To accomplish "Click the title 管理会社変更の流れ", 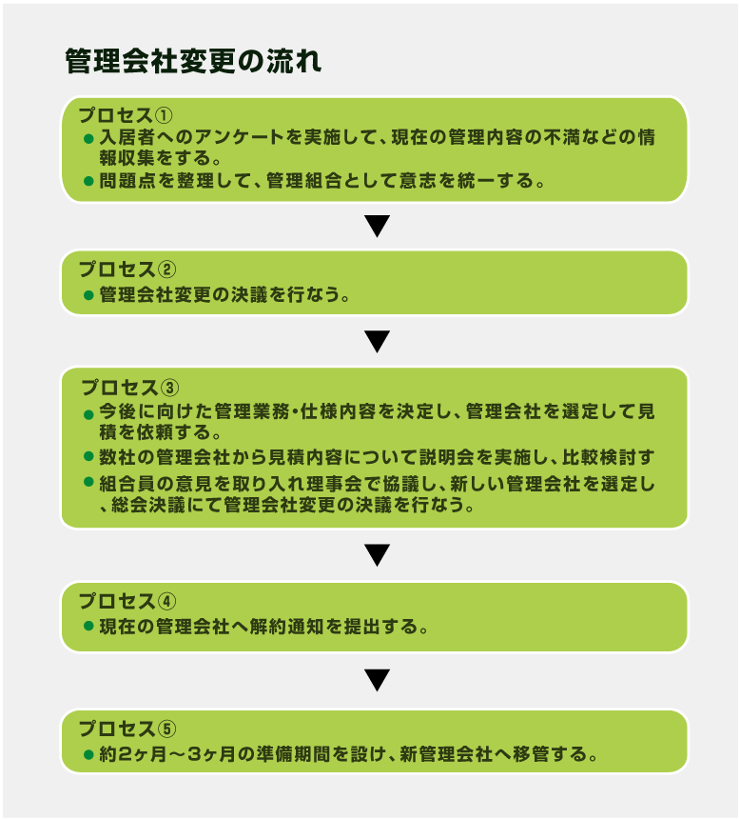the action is point(193,61).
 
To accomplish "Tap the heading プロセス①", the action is point(126,115).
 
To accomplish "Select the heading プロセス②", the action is point(127,270).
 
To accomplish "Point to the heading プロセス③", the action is point(129,388).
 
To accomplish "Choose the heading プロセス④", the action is point(127,601).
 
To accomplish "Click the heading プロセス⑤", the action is point(127,729).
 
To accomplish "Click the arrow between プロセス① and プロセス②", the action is point(378,226).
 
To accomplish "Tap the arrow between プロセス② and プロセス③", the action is point(378,342).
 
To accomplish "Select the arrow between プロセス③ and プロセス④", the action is point(378,555).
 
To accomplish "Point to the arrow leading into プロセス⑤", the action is point(378,680).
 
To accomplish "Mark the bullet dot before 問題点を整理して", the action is point(88,181).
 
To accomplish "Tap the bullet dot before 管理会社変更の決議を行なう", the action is point(88,295).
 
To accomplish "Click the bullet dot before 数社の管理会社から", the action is point(88,456).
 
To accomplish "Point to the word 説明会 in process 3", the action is point(447,457).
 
